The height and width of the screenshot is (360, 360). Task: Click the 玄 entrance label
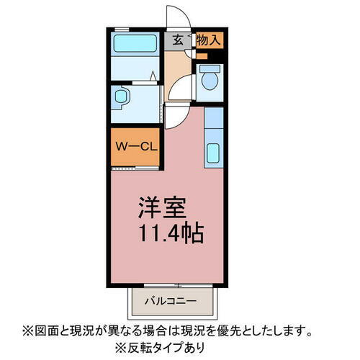(x=177, y=40)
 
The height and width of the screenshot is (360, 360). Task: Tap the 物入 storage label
(x=208, y=40)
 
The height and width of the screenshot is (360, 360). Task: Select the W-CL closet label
(x=135, y=147)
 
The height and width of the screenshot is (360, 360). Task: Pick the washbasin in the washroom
(x=121, y=96)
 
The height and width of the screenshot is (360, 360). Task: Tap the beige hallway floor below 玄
(x=176, y=68)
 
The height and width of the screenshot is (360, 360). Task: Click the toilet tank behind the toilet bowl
(x=210, y=70)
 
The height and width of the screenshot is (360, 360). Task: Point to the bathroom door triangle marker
(x=154, y=75)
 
